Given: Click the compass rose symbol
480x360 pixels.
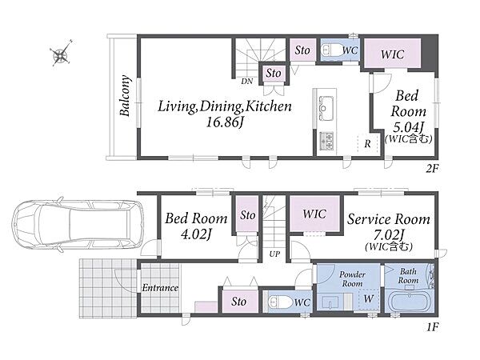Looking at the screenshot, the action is click(62, 54).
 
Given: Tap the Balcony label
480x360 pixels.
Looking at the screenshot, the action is click(125, 95).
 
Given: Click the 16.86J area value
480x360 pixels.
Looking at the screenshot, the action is click(225, 122).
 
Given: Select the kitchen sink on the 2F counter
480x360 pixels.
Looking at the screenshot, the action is click(326, 108).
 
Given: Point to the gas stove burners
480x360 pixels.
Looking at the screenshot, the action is click(326, 141).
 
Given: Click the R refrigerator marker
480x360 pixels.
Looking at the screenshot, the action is click(367, 143).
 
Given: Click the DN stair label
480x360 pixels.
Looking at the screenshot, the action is click(246, 82).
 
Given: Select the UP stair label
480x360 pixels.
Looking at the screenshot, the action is click(274, 254).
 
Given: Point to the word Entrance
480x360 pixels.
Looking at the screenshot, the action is click(160, 288).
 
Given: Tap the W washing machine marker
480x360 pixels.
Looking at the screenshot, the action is click(369, 298).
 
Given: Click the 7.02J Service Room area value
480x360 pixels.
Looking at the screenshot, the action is click(389, 235).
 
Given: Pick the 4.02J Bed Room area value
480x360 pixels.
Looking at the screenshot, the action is click(196, 234).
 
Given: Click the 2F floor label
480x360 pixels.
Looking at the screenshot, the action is click(432, 168).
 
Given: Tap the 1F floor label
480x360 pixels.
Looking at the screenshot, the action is click(433, 327).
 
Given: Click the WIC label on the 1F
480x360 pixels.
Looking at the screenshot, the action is click(314, 214).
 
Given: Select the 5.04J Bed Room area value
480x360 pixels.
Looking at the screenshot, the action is click(408, 126).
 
